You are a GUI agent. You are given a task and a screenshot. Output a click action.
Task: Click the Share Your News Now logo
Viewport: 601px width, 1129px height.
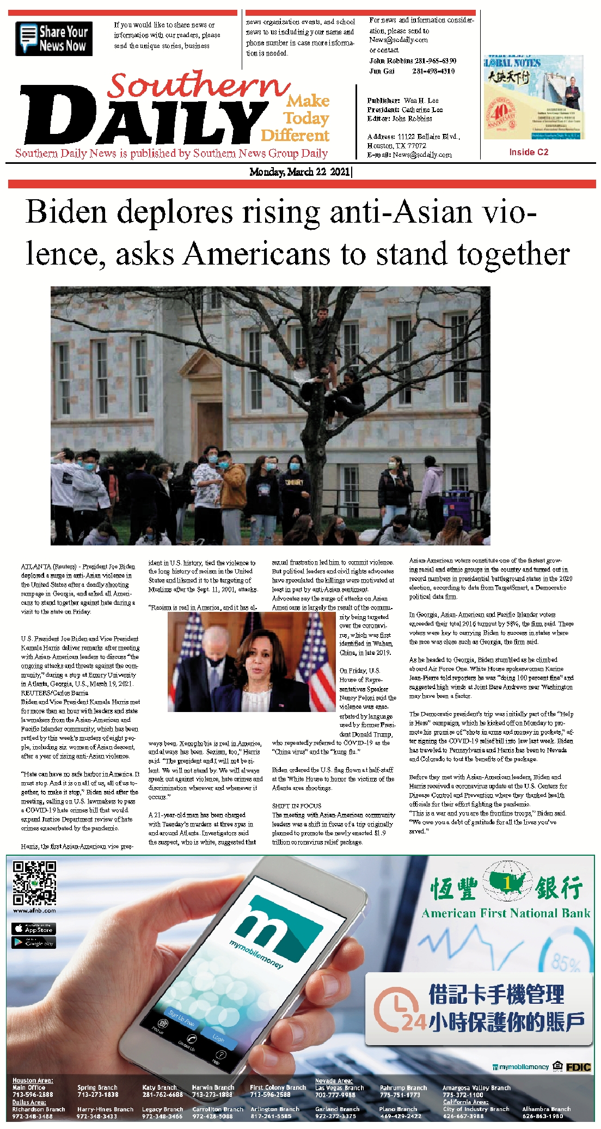click(54, 39)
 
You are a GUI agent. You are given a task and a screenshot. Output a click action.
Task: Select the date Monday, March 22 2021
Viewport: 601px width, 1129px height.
click(300, 172)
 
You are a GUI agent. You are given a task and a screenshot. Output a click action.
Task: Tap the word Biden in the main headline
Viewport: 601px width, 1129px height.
click(66, 212)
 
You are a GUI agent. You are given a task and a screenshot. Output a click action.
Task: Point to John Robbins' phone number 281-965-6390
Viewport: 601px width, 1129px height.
click(434, 61)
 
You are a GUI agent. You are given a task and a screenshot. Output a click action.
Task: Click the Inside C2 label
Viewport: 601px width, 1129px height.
click(528, 152)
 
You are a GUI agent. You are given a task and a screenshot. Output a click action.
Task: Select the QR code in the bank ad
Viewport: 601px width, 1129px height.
click(34, 882)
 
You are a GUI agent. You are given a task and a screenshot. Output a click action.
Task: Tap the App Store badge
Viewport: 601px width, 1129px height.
click(33, 928)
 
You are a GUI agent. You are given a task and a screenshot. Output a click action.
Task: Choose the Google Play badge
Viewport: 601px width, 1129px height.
click(33, 942)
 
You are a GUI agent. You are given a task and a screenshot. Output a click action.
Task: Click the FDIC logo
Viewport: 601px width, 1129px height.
click(578, 1067)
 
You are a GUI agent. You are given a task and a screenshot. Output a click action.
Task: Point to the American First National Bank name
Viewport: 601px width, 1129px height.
click(506, 913)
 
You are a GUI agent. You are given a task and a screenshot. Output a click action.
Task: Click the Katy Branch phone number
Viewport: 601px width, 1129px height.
click(162, 1094)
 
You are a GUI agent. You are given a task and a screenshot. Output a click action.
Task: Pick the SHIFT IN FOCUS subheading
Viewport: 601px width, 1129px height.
click(297, 806)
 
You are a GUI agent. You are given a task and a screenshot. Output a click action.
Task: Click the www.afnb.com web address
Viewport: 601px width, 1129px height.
click(34, 910)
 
